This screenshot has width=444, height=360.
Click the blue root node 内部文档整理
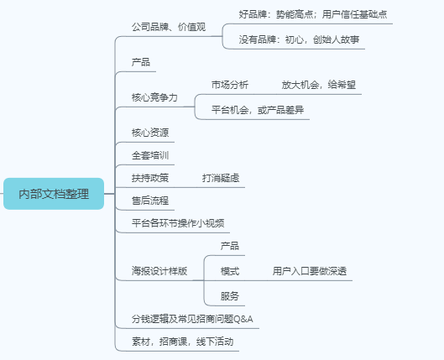[x=54, y=194]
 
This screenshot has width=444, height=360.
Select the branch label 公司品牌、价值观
[x=169, y=27]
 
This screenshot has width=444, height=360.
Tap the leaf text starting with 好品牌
[x=312, y=14]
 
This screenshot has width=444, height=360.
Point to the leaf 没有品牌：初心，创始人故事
[x=299, y=39]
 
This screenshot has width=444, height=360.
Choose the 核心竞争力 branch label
[x=154, y=97]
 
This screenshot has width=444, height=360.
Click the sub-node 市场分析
[x=230, y=85]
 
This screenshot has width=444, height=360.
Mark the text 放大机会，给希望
[x=319, y=85]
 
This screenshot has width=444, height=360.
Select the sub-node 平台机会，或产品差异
[x=258, y=110]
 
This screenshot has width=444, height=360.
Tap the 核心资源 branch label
[x=150, y=133]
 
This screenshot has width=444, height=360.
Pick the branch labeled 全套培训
[x=150, y=155]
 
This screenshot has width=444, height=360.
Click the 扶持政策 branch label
[x=150, y=178]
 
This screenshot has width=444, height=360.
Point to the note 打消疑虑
[x=221, y=178]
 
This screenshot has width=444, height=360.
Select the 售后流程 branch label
[x=150, y=201]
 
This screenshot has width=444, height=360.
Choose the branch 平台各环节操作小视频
[x=178, y=223]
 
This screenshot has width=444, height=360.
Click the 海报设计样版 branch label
[x=159, y=271]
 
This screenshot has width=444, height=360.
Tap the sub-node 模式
[x=230, y=271]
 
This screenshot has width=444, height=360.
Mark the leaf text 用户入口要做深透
[x=310, y=271]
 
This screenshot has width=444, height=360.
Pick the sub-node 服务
[x=230, y=296]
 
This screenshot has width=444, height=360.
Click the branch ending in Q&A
[x=192, y=319]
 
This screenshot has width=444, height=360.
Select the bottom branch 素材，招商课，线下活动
[x=182, y=342]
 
